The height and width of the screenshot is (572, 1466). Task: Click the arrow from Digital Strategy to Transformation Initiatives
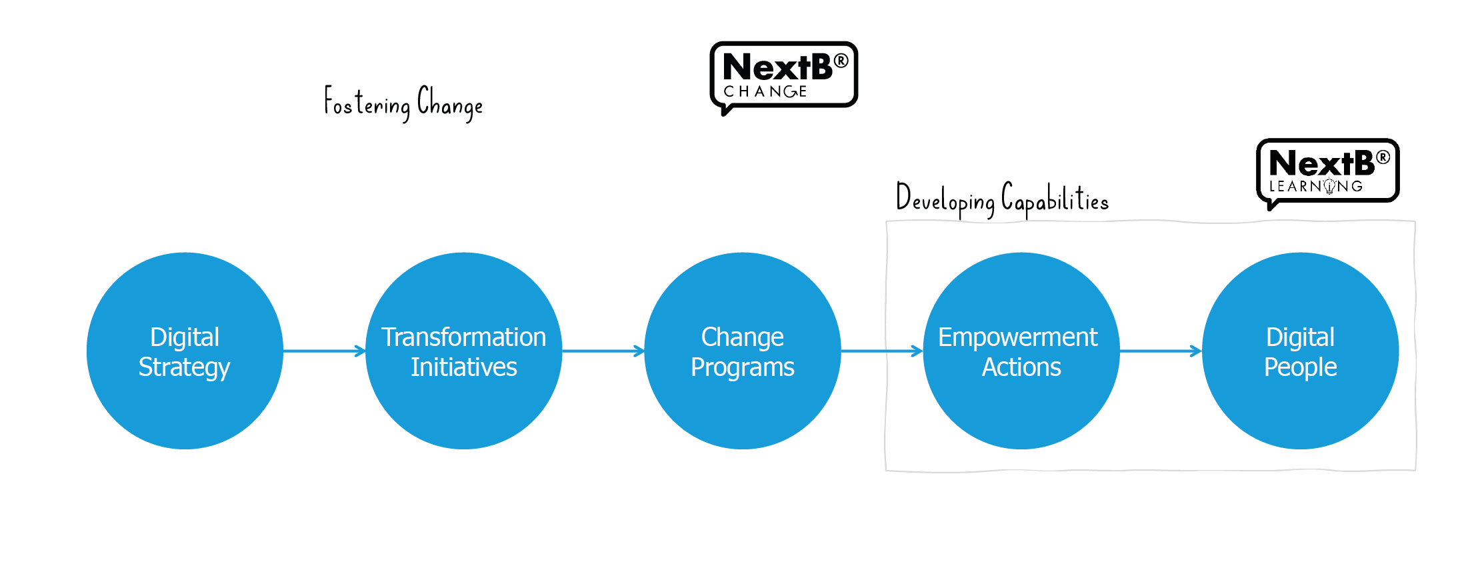pos(324,351)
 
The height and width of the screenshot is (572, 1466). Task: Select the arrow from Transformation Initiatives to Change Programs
pos(603,351)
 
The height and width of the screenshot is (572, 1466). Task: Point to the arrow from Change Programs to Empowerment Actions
pos(881,351)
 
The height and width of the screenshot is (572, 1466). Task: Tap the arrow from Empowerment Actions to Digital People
pos(1160,351)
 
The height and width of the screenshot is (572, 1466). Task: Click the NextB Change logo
pos(783,75)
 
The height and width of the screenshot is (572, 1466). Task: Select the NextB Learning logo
pos(1327,171)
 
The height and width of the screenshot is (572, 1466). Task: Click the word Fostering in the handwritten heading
pos(367,103)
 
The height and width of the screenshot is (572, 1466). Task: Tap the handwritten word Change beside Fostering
pos(450,104)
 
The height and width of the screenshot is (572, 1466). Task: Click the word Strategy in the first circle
pos(184,367)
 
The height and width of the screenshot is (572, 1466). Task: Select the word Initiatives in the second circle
pos(463,367)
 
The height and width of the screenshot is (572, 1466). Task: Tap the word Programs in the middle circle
pos(742,367)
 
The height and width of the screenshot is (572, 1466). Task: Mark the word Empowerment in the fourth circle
pos(1017,337)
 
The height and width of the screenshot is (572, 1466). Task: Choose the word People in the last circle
pos(1300,367)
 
